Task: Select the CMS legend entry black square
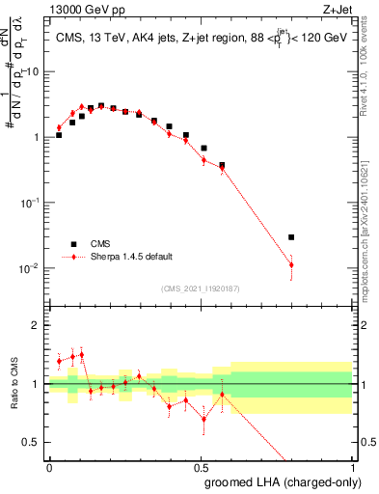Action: [x=71, y=244]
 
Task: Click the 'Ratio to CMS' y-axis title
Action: [x=14, y=384]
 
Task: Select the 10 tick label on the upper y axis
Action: [x=36, y=71]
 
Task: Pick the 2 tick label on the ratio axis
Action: [x=39, y=325]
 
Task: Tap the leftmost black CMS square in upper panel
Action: [x=59, y=135]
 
